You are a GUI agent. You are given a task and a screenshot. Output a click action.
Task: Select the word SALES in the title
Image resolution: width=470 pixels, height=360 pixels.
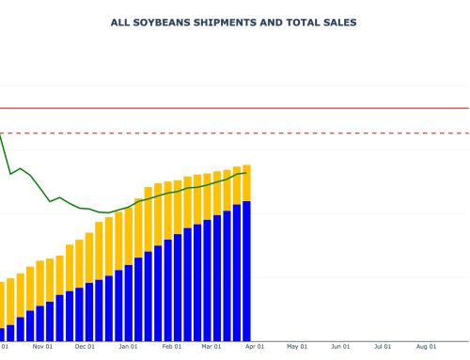(338, 22)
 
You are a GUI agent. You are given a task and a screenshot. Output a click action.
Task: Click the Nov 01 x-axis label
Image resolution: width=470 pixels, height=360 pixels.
(42, 346)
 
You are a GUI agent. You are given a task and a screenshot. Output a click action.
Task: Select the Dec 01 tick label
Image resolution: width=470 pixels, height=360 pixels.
(85, 346)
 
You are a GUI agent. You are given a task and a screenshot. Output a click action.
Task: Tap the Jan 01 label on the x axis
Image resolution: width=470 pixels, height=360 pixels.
(128, 346)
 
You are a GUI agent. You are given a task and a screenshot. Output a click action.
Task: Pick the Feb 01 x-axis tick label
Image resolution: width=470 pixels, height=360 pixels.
(171, 346)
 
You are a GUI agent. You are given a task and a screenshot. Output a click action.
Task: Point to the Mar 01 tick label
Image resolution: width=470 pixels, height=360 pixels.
(211, 346)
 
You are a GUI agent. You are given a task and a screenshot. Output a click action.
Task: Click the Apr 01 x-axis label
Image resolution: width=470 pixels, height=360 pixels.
(254, 346)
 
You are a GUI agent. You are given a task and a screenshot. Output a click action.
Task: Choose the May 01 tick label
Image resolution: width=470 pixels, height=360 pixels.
(297, 346)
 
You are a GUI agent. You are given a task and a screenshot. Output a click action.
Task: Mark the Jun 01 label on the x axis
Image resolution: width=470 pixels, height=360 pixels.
(340, 346)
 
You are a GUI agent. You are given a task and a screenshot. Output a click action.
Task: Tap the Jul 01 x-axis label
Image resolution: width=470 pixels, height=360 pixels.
(383, 346)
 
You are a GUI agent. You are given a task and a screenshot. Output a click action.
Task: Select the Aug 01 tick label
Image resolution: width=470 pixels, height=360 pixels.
(425, 346)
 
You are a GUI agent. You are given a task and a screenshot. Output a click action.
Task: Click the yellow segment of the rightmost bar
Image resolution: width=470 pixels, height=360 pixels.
(246, 183)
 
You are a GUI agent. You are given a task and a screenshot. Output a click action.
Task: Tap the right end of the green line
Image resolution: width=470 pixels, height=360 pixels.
(246, 173)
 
